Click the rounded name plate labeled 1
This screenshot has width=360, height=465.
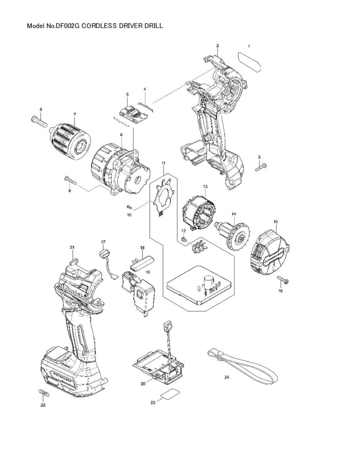click(250, 62)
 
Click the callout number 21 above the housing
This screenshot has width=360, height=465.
click(72, 247)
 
